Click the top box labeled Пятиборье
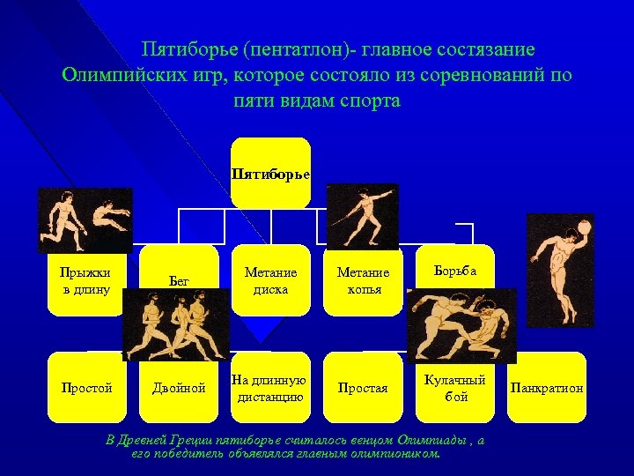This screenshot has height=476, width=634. coord(271,173)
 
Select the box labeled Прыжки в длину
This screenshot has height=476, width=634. coord(86,279)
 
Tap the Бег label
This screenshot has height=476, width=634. coord(179,280)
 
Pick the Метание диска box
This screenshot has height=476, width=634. coord(271,280)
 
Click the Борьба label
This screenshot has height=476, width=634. coord(456,271)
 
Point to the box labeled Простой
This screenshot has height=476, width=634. coord(86,388)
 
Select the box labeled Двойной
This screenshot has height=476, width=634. coord(179,388)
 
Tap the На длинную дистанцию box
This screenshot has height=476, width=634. coord(271,388)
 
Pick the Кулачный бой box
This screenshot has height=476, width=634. coord(456,388)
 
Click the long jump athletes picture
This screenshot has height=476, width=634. coord(85,220)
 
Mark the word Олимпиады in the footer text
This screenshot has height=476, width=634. coord(432,440)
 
